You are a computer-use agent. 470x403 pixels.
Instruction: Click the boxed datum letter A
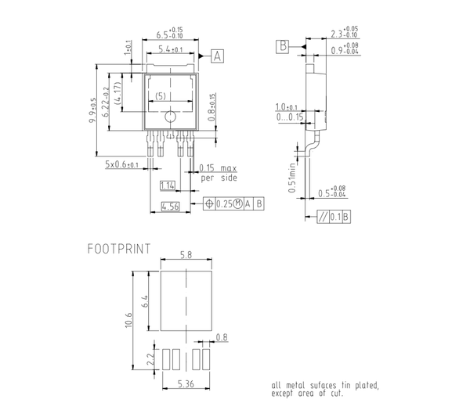coord(217,55)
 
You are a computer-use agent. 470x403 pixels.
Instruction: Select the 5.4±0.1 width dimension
coord(171,49)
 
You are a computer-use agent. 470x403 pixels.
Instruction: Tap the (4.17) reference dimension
coord(118,95)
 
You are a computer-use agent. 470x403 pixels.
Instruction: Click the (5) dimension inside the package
coord(159,96)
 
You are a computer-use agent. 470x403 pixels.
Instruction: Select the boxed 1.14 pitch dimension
coord(167,185)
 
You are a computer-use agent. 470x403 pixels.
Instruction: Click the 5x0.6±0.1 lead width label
coord(121,165)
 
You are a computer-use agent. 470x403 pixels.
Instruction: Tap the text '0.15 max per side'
coord(217,173)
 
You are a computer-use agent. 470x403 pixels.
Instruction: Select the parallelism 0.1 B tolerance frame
coord(333,216)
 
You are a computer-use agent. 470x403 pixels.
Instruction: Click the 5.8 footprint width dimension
coord(186,256)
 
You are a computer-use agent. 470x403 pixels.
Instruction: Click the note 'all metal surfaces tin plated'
coord(325,389)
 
